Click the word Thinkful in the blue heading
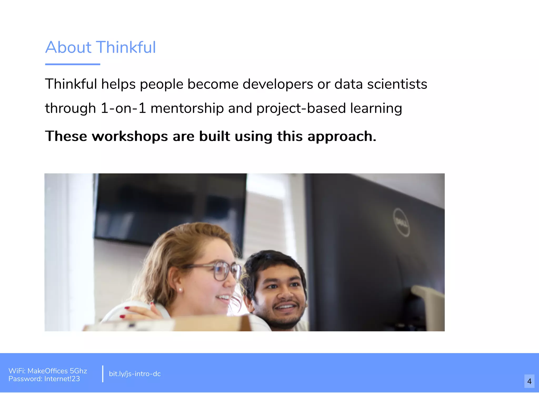pyautogui.click(x=126, y=47)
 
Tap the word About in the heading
pyautogui.click(x=68, y=47)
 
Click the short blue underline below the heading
pyautogui.click(x=73, y=64)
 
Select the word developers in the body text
pyautogui.click(x=278, y=84)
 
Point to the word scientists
pyautogui.click(x=397, y=84)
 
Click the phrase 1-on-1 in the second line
pyautogui.click(x=123, y=108)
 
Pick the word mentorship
pyautogui.click(x=187, y=108)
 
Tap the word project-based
pyautogui.click(x=301, y=108)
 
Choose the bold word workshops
pyautogui.click(x=130, y=136)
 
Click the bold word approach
pyautogui.click(x=342, y=137)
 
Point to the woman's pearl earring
pyautogui.click(x=181, y=290)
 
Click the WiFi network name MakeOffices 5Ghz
pyautogui.click(x=57, y=371)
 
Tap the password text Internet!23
pyautogui.click(x=62, y=379)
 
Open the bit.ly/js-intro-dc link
pyautogui.click(x=135, y=374)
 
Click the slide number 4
pyautogui.click(x=529, y=381)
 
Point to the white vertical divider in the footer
pyautogui.click(x=103, y=374)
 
